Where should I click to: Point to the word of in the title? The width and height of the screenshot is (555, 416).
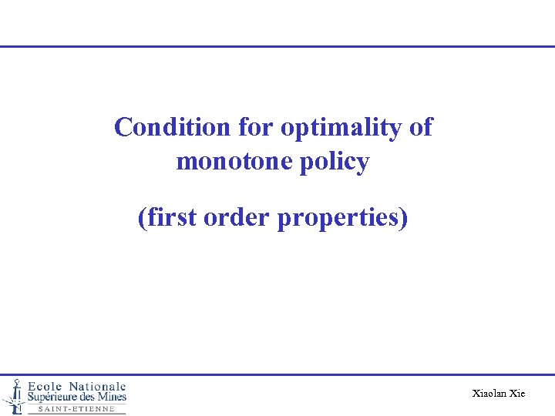(420, 127)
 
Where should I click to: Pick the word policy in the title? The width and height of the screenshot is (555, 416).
(337, 163)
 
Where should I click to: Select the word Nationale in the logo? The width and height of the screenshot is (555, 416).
(97, 386)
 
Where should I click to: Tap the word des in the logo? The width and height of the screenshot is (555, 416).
(98, 397)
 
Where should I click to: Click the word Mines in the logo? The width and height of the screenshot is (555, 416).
(116, 397)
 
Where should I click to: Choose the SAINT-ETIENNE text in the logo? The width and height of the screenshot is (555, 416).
(76, 409)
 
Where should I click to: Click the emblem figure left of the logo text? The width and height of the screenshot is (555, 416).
(13, 395)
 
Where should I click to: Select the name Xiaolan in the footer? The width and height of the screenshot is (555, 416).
(489, 394)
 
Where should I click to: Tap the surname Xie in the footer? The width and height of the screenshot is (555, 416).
(517, 394)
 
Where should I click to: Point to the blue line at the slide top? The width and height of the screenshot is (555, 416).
(277, 46)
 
